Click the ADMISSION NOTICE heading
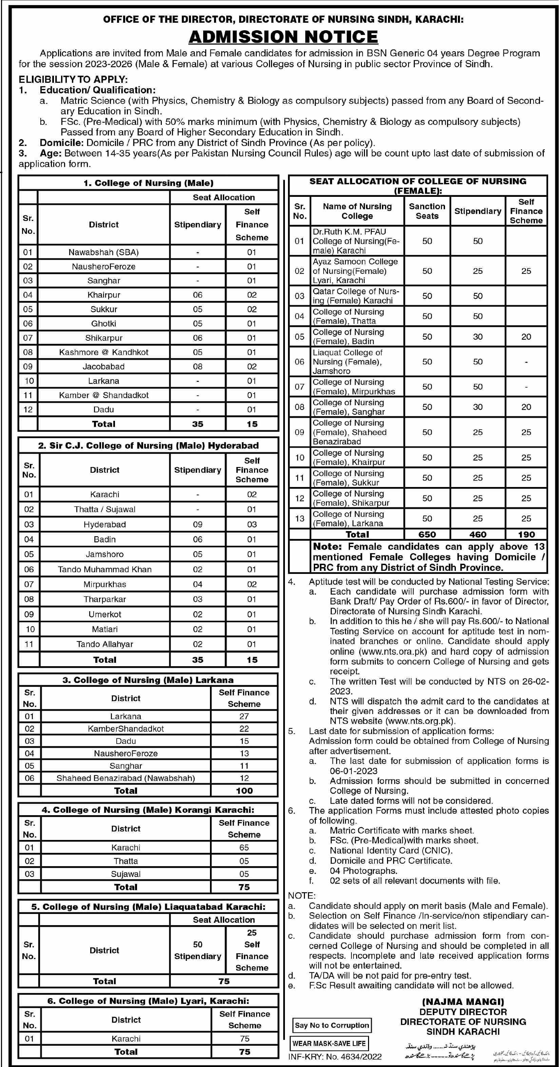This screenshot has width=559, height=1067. [283, 37]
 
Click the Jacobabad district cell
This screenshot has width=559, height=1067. [103, 367]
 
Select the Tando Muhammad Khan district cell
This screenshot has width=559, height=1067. [105, 569]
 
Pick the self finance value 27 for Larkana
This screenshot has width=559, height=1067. [244, 716]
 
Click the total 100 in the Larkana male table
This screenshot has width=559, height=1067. [244, 790]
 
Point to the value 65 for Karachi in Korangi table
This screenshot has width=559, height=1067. [244, 847]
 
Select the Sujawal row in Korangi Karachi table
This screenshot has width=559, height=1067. [126, 874]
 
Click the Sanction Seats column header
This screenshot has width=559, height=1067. [427, 211]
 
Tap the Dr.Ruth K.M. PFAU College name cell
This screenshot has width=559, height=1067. [356, 241]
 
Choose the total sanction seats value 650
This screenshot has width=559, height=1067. [427, 534]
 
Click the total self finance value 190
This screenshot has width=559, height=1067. [526, 534]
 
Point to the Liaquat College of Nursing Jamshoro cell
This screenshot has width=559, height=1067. [356, 361]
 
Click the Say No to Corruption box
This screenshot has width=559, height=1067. [332, 1025]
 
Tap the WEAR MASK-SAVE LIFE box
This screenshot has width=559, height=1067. [329, 1043]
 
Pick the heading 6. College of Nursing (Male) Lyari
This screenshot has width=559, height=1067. [148, 1001]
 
